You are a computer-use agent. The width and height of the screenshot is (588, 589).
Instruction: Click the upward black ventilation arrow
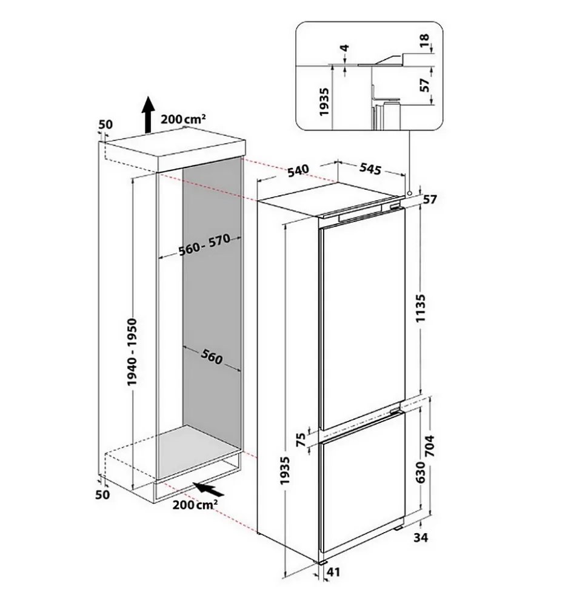coord(147,115)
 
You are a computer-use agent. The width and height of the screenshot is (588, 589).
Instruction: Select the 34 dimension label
coord(421,537)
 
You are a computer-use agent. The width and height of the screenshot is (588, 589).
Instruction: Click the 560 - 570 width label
coord(204,246)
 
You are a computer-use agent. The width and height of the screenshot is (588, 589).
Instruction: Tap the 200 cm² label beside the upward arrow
coord(183,119)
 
